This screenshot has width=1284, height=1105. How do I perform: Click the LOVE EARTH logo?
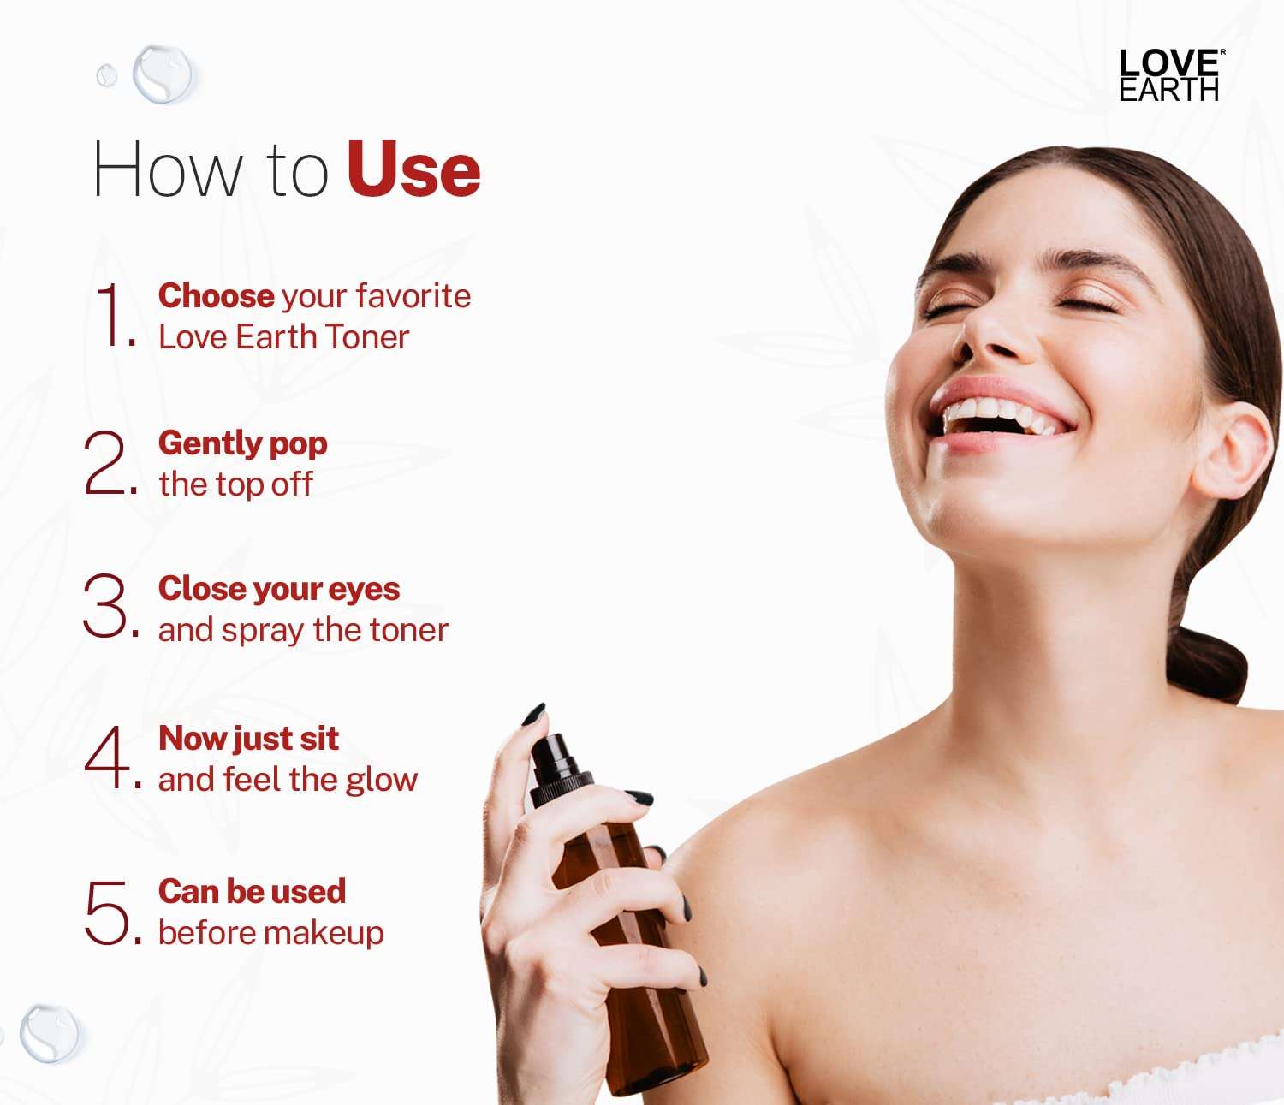(1169, 76)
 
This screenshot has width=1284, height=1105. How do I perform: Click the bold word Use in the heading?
(413, 169)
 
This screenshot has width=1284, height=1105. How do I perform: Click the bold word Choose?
(216, 296)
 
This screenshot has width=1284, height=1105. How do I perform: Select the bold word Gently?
(209, 443)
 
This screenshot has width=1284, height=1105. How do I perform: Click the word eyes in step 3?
(364, 589)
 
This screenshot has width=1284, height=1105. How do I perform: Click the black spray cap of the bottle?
(555, 767)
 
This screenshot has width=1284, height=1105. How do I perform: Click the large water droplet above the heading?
(163, 74)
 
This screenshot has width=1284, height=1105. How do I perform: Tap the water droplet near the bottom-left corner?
(49, 1033)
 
